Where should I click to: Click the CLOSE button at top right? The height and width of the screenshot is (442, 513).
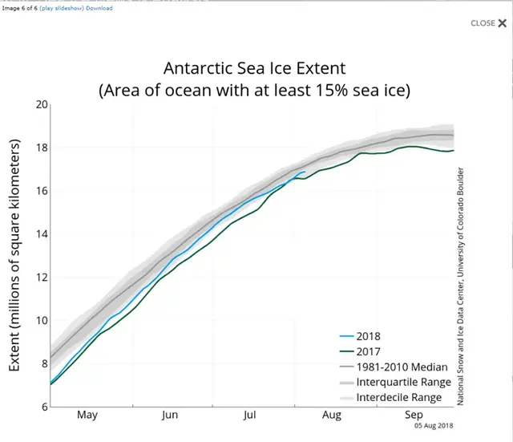[488, 23]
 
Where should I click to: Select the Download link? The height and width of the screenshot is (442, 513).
[99, 8]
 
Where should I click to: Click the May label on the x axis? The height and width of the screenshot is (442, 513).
[87, 416]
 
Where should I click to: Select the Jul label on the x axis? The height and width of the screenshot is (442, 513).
[250, 416]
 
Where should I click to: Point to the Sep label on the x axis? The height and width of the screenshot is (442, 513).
[414, 416]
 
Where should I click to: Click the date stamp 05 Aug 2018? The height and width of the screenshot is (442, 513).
[434, 426]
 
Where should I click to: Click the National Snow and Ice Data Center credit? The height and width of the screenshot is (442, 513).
[462, 286]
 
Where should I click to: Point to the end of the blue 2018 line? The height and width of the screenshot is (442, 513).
[305, 172]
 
